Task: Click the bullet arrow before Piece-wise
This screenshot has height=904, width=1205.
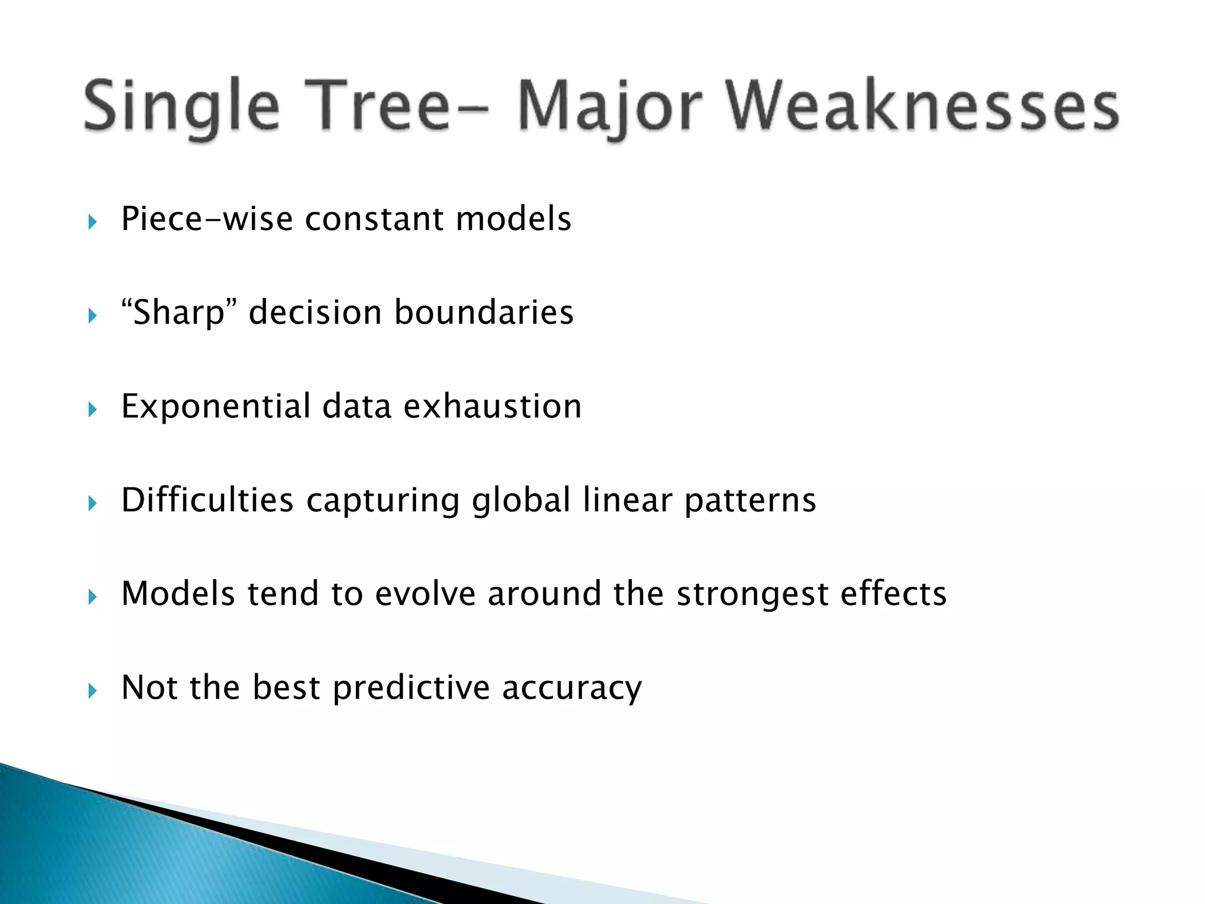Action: coord(92,222)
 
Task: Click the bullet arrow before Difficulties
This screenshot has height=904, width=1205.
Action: coord(92,503)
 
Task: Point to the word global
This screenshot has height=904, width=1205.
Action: coord(521,500)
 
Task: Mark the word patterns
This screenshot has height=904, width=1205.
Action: coord(750,500)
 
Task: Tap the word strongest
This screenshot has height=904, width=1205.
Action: coord(752,594)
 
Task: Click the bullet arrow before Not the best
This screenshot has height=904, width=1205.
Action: coord(92,690)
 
